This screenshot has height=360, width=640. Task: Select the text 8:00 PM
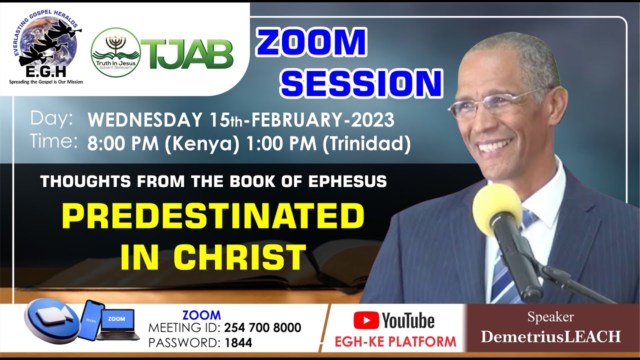click(x=117, y=144)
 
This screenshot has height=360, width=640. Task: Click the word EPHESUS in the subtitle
click(x=348, y=181)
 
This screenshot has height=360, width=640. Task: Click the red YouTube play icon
click(x=365, y=320)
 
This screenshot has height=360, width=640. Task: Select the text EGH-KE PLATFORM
click(x=395, y=341)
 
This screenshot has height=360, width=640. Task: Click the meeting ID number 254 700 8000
click(x=262, y=328)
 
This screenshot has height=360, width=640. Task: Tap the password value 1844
click(x=238, y=343)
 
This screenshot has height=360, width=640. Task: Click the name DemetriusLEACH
click(x=550, y=336)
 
